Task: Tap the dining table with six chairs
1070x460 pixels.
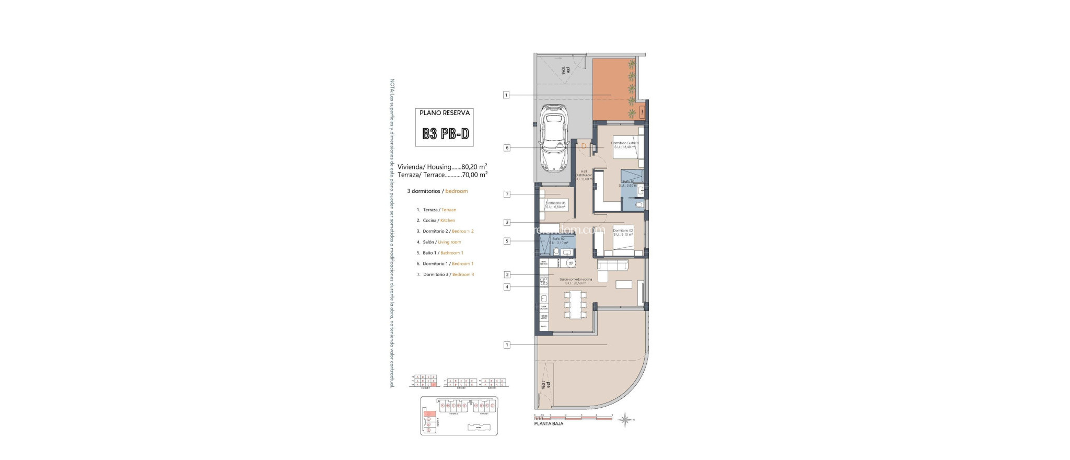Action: point(575,304)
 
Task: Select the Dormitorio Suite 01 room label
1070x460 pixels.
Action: point(625,145)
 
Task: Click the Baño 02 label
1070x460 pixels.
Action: point(559,240)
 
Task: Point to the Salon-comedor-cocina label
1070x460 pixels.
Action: point(575,281)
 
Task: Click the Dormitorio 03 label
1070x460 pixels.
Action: point(555,205)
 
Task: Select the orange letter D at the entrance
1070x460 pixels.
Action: point(584,146)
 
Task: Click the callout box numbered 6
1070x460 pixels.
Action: point(506,148)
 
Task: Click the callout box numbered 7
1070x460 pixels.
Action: point(506,194)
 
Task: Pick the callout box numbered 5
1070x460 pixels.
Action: point(506,241)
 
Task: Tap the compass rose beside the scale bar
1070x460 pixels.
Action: point(624,419)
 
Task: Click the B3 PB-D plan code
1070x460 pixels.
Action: point(446,134)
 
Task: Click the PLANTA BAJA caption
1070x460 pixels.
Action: point(548,424)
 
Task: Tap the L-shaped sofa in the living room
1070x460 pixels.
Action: point(611,268)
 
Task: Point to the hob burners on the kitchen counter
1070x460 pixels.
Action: point(543,282)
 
